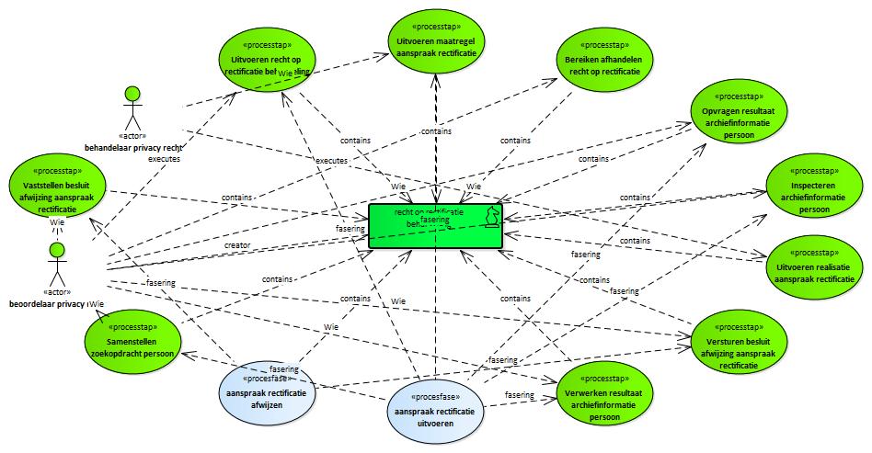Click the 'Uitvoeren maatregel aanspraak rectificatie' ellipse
tap(437, 42)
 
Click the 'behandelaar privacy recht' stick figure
tap(133, 109)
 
